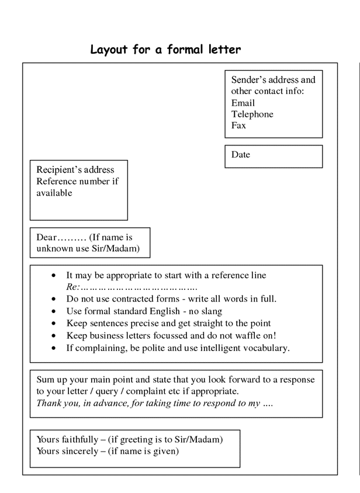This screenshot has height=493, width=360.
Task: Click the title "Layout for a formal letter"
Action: click(x=165, y=50)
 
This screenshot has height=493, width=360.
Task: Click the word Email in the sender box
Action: click(x=243, y=103)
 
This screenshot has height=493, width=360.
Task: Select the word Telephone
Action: click(x=252, y=114)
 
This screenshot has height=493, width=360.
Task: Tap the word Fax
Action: click(x=238, y=125)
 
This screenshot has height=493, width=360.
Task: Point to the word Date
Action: click(x=240, y=155)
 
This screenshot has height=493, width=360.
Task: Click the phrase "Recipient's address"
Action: click(x=75, y=170)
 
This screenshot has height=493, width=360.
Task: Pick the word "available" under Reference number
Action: click(x=54, y=193)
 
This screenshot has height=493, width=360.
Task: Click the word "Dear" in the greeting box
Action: click(x=46, y=238)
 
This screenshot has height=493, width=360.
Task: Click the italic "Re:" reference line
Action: click(x=72, y=287)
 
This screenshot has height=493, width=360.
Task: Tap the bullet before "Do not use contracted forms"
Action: click(x=54, y=299)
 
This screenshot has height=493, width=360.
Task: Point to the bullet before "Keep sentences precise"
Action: click(x=54, y=324)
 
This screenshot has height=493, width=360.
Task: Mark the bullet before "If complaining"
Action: click(x=54, y=348)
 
